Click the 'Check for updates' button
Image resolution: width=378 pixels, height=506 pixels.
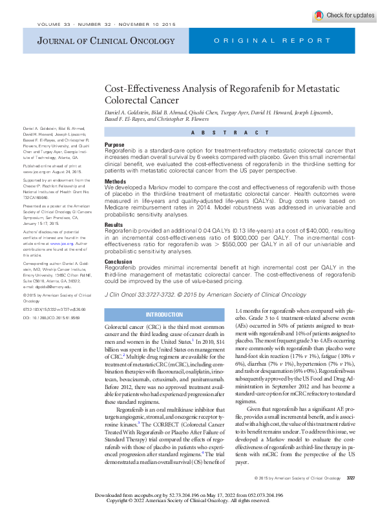point(343,15)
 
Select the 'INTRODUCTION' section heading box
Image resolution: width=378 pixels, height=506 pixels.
point(164,315)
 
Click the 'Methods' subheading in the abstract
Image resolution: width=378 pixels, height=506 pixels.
point(116,182)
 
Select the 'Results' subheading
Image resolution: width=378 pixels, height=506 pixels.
point(114,224)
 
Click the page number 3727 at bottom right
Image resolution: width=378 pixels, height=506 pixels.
point(351,478)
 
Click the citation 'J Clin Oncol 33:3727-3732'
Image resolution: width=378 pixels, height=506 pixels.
point(143,293)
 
